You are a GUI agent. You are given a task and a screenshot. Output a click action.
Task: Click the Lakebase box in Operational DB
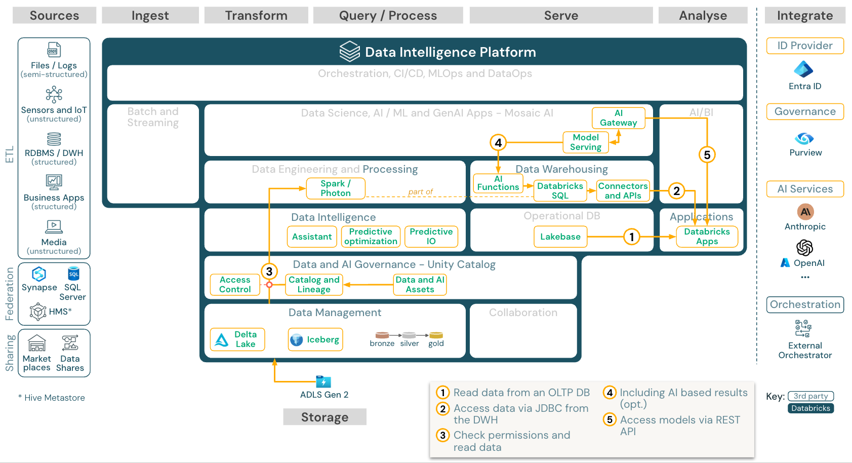560,237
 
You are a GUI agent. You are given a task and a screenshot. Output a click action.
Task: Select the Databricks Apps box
707,237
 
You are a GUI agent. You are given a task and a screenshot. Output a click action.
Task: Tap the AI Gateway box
618,118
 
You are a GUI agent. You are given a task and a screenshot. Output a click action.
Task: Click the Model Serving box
586,142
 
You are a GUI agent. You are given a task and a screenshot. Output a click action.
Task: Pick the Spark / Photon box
335,188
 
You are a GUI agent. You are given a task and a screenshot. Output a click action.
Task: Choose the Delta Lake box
237,339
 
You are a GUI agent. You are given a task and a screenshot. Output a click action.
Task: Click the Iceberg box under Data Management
315,339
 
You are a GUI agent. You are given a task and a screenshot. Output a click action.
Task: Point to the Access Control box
235,285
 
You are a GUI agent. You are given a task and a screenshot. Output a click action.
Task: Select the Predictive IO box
431,237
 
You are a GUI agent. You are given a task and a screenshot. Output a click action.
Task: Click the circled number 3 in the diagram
269,272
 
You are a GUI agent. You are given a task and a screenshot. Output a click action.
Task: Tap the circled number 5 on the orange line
707,155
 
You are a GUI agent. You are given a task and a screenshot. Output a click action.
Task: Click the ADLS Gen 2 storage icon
323,381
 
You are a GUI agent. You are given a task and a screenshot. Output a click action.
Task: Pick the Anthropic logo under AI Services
805,212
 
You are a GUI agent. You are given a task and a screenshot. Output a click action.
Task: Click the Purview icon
804,138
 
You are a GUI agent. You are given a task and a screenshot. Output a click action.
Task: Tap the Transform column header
256,16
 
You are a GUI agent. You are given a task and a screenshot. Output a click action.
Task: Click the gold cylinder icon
436,335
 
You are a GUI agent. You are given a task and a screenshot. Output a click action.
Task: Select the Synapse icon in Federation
39,274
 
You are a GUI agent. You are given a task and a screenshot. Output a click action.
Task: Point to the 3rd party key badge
810,396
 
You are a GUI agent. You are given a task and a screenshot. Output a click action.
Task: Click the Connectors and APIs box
623,191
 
